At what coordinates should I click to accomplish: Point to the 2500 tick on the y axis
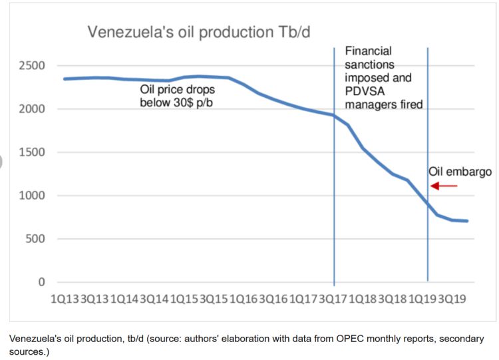point(31,66)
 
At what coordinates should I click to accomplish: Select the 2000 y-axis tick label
point(31,109)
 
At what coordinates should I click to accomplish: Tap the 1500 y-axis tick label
point(31,152)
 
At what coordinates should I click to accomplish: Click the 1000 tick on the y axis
point(31,196)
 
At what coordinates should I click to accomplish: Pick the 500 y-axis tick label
point(35,239)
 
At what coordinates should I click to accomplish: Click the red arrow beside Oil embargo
point(444,186)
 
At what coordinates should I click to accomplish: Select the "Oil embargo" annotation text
point(460,172)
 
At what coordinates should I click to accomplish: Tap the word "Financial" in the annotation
point(368,51)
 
